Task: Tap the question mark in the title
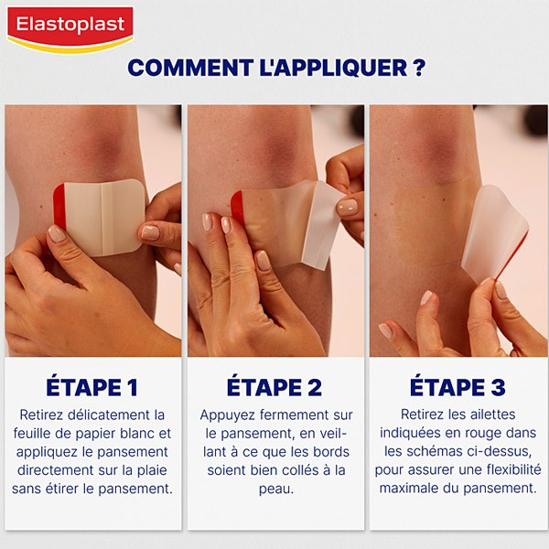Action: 418,69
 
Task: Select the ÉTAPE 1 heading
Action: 91,387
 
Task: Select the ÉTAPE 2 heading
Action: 274,387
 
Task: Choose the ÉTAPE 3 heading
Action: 457,387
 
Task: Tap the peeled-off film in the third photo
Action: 494,233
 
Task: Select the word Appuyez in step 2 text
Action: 231,415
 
